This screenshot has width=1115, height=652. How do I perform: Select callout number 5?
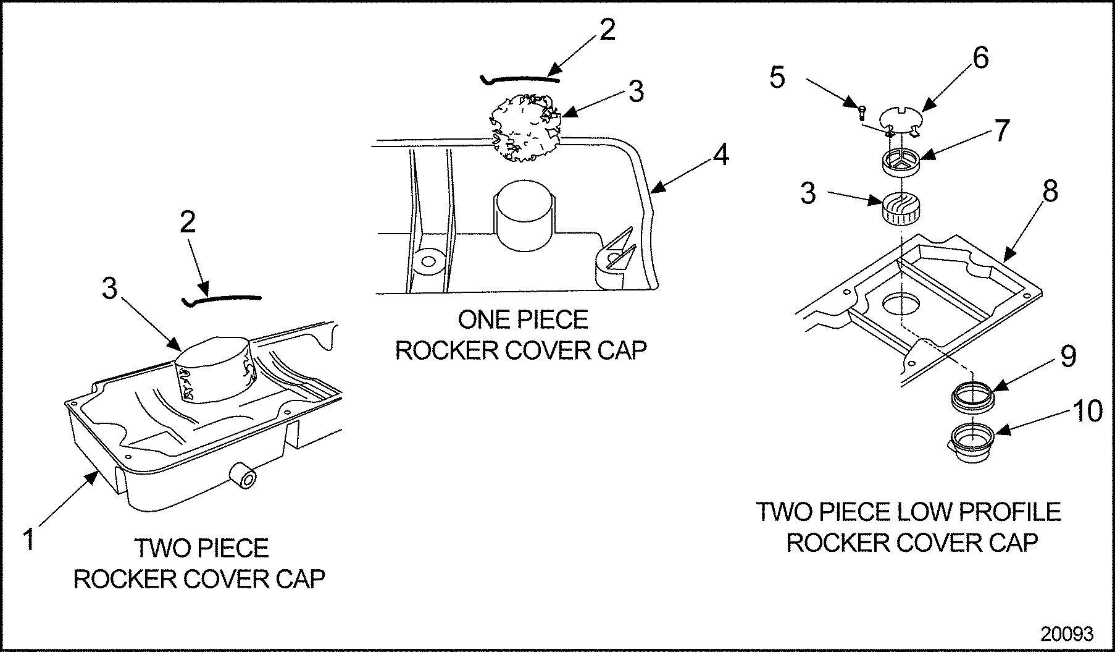[777, 78]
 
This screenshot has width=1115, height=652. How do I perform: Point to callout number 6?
[980, 58]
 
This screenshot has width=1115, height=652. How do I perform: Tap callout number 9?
[1067, 357]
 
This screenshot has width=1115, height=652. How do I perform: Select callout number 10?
[1087, 412]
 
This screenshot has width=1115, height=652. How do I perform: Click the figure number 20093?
[1067, 633]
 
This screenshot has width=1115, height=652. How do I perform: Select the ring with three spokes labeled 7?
[901, 162]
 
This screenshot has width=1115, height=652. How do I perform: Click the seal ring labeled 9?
[972, 396]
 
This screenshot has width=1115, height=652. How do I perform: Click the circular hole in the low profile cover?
[901, 304]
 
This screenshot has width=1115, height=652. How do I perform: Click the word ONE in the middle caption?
[484, 320]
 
